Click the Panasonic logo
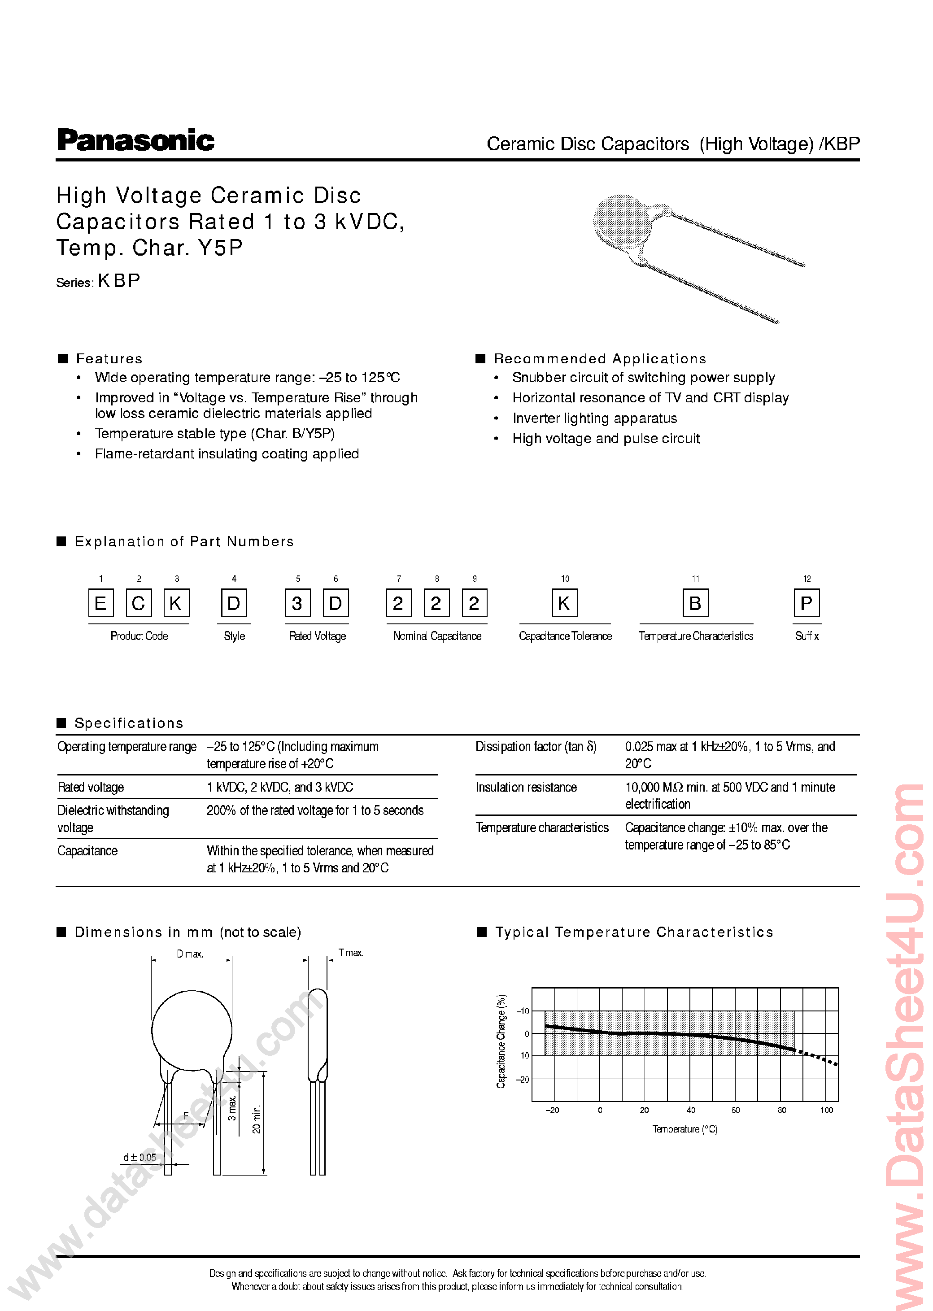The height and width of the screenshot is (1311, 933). pos(135,141)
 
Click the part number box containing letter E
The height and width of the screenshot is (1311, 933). pos(100,603)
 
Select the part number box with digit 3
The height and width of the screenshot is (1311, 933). pos(297,603)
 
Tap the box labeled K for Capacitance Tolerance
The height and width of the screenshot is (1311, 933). pos(564,603)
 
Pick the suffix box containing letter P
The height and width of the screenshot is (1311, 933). pos(806,603)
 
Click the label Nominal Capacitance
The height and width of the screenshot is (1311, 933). pos(436,636)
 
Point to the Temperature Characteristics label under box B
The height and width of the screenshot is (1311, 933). pos(695,636)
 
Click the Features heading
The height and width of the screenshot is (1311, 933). pos(109,358)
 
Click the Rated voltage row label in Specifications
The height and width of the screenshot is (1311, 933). pos(91,787)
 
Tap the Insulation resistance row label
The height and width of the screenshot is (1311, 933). pos(526,787)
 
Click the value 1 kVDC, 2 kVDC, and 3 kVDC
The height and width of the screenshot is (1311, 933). pos(280,787)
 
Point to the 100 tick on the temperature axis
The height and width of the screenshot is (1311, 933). pos(826,1110)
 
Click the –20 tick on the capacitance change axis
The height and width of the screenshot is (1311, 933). pos(522,1080)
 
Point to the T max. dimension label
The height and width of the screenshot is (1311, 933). pos(350,953)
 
